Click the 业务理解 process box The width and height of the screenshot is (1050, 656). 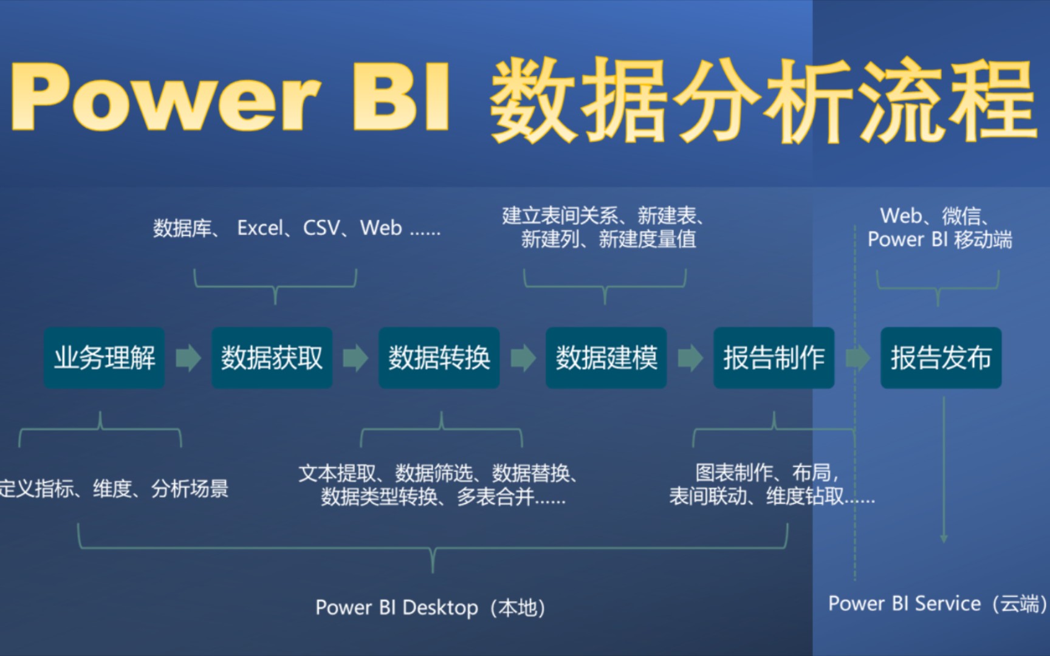[104, 358]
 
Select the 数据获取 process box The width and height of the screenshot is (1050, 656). [272, 358]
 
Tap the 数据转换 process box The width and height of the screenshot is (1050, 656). [439, 358]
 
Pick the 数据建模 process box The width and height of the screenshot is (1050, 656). [606, 358]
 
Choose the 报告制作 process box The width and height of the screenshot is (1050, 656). [774, 358]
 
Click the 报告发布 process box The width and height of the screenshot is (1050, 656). [941, 358]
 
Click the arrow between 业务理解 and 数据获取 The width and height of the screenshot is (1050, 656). [188, 358]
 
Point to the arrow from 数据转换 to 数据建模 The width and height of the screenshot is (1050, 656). [523, 358]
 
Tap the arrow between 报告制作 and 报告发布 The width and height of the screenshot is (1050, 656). [857, 358]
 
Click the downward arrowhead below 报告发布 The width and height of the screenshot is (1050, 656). [944, 538]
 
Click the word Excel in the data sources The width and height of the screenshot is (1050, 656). [260, 228]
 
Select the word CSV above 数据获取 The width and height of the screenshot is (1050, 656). [321, 228]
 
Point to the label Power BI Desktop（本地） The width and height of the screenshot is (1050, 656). [430, 607]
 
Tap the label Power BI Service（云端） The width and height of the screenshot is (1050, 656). [937, 604]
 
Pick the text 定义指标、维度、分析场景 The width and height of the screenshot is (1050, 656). [114, 488]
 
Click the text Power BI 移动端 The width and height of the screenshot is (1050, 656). [939, 240]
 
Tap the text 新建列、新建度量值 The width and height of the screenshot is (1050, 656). [608, 240]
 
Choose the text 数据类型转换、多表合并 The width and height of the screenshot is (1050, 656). [443, 497]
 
